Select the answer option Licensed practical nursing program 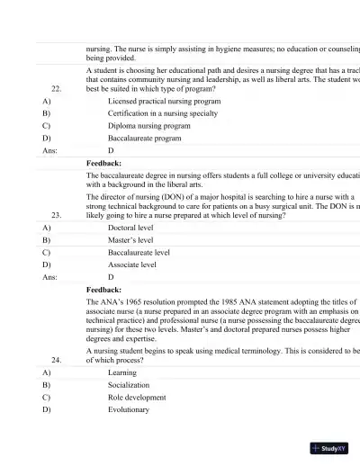164,102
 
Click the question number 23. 57,216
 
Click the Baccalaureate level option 139,254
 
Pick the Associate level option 132,266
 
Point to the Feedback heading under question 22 104,165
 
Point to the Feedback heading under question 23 104,291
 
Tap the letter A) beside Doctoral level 47,229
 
